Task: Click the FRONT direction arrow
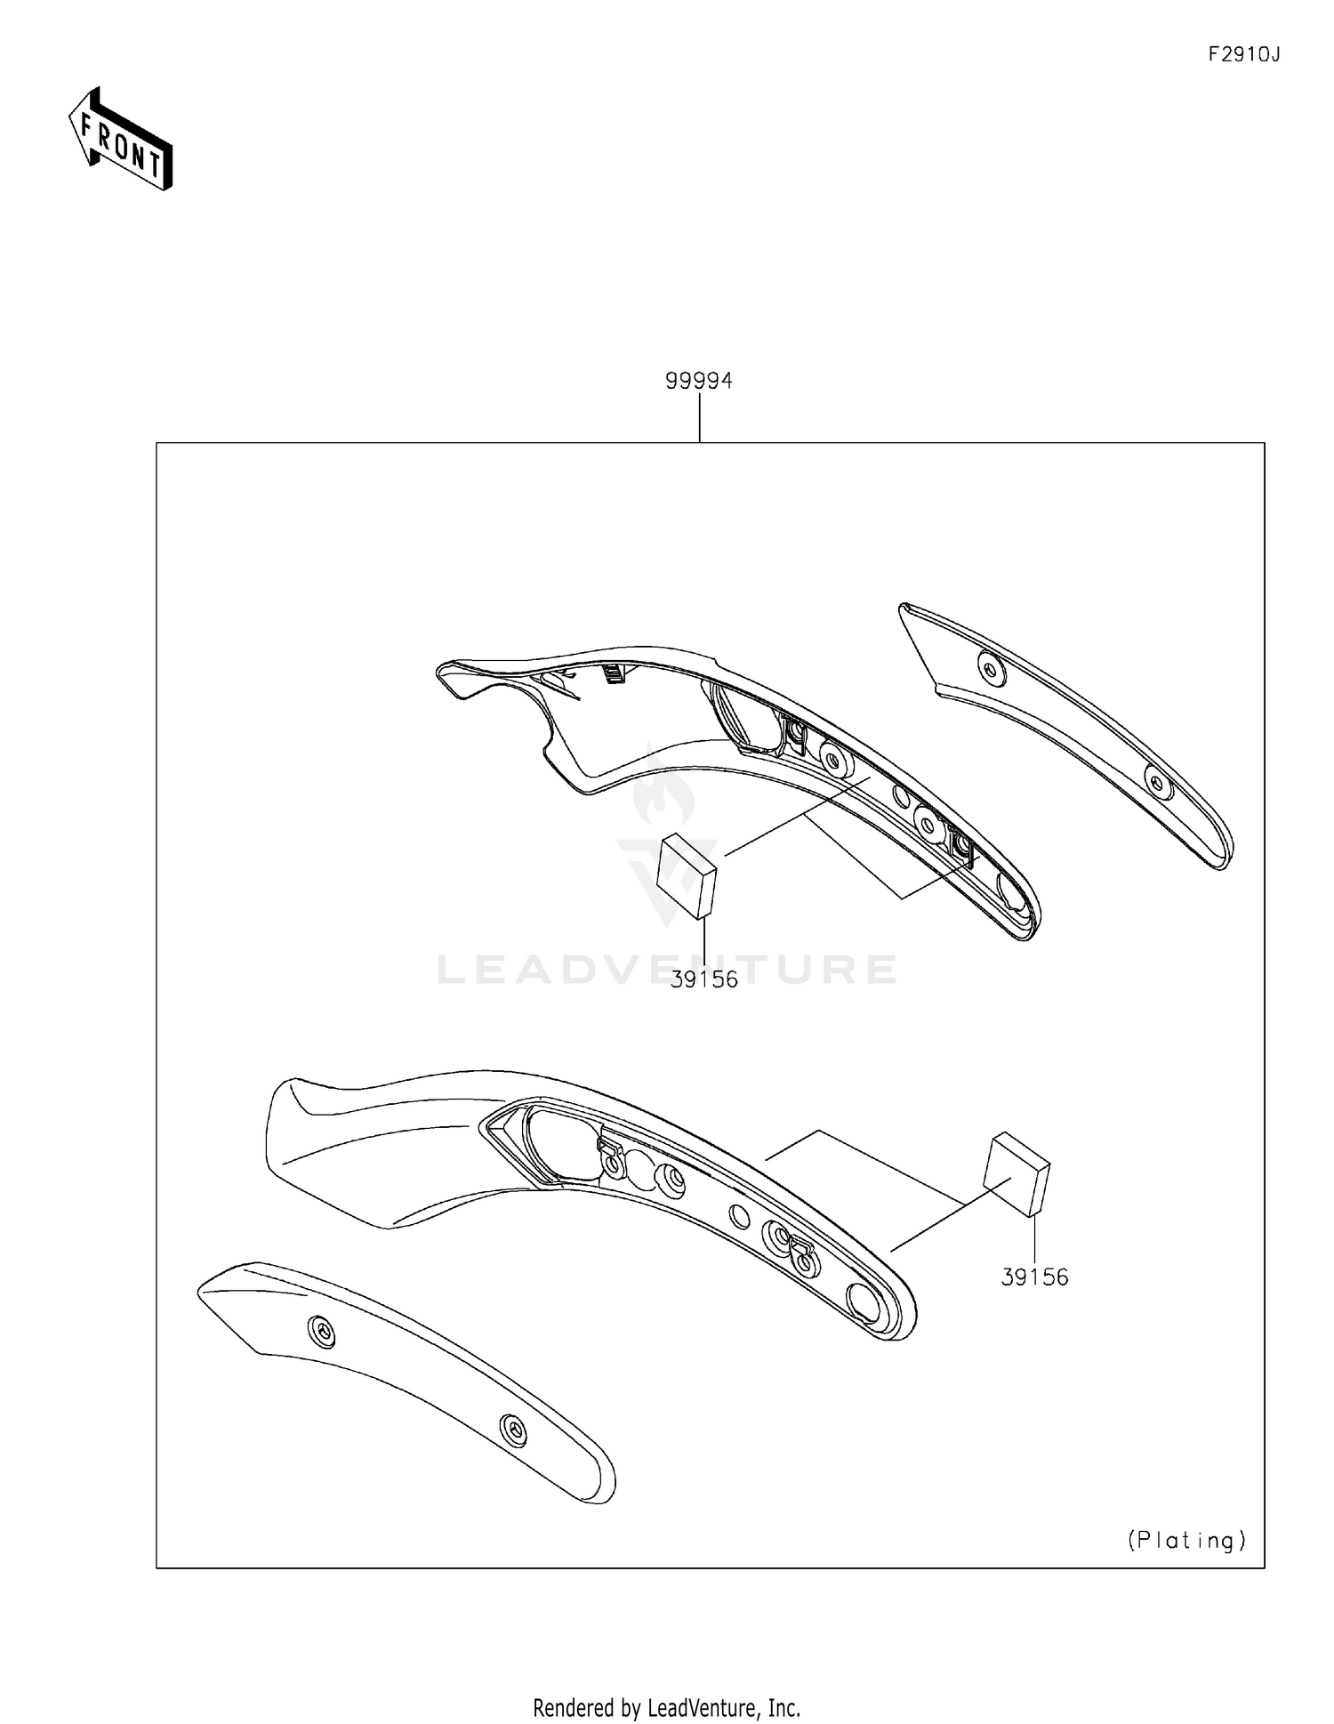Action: click(x=120, y=140)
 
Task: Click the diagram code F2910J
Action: click(x=1242, y=55)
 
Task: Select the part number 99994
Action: click(x=699, y=381)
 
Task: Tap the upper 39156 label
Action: click(x=704, y=979)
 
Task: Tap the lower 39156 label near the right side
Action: click(x=1034, y=1277)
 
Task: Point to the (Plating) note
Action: click(x=1186, y=1540)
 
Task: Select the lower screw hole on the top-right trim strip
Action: click(x=1157, y=782)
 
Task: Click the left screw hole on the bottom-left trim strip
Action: click(x=323, y=1332)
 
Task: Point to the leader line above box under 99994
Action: click(x=700, y=418)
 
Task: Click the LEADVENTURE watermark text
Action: click(x=667, y=969)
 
